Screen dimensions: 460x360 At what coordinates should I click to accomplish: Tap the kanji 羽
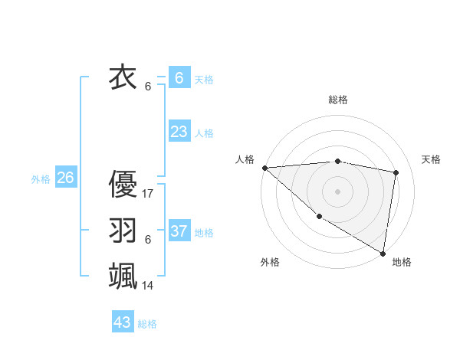123,230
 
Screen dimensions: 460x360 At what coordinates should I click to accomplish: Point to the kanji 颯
123,275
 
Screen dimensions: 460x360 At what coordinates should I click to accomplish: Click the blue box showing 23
179,132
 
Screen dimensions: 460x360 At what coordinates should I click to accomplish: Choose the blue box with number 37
179,231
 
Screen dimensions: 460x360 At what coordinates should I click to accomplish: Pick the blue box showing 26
65,178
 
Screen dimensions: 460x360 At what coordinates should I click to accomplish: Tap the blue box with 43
122,322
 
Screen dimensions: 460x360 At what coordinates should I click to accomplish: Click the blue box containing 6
179,78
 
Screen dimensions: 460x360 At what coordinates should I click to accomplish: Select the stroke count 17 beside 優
148,194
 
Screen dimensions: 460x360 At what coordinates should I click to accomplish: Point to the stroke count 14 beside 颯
148,286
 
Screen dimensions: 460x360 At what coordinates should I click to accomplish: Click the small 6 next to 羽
147,240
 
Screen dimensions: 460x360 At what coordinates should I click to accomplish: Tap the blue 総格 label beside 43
147,324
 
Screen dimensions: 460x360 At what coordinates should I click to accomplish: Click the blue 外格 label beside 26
41,179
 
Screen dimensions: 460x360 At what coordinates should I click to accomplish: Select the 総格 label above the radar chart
337,100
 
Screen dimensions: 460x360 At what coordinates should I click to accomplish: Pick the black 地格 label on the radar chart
402,262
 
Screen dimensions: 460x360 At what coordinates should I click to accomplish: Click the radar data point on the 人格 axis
264,167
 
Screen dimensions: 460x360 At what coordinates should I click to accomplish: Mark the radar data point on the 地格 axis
383,253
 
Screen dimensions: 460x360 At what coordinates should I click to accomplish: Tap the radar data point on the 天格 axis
396,172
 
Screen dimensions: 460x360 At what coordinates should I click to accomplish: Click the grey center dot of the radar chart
337,191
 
